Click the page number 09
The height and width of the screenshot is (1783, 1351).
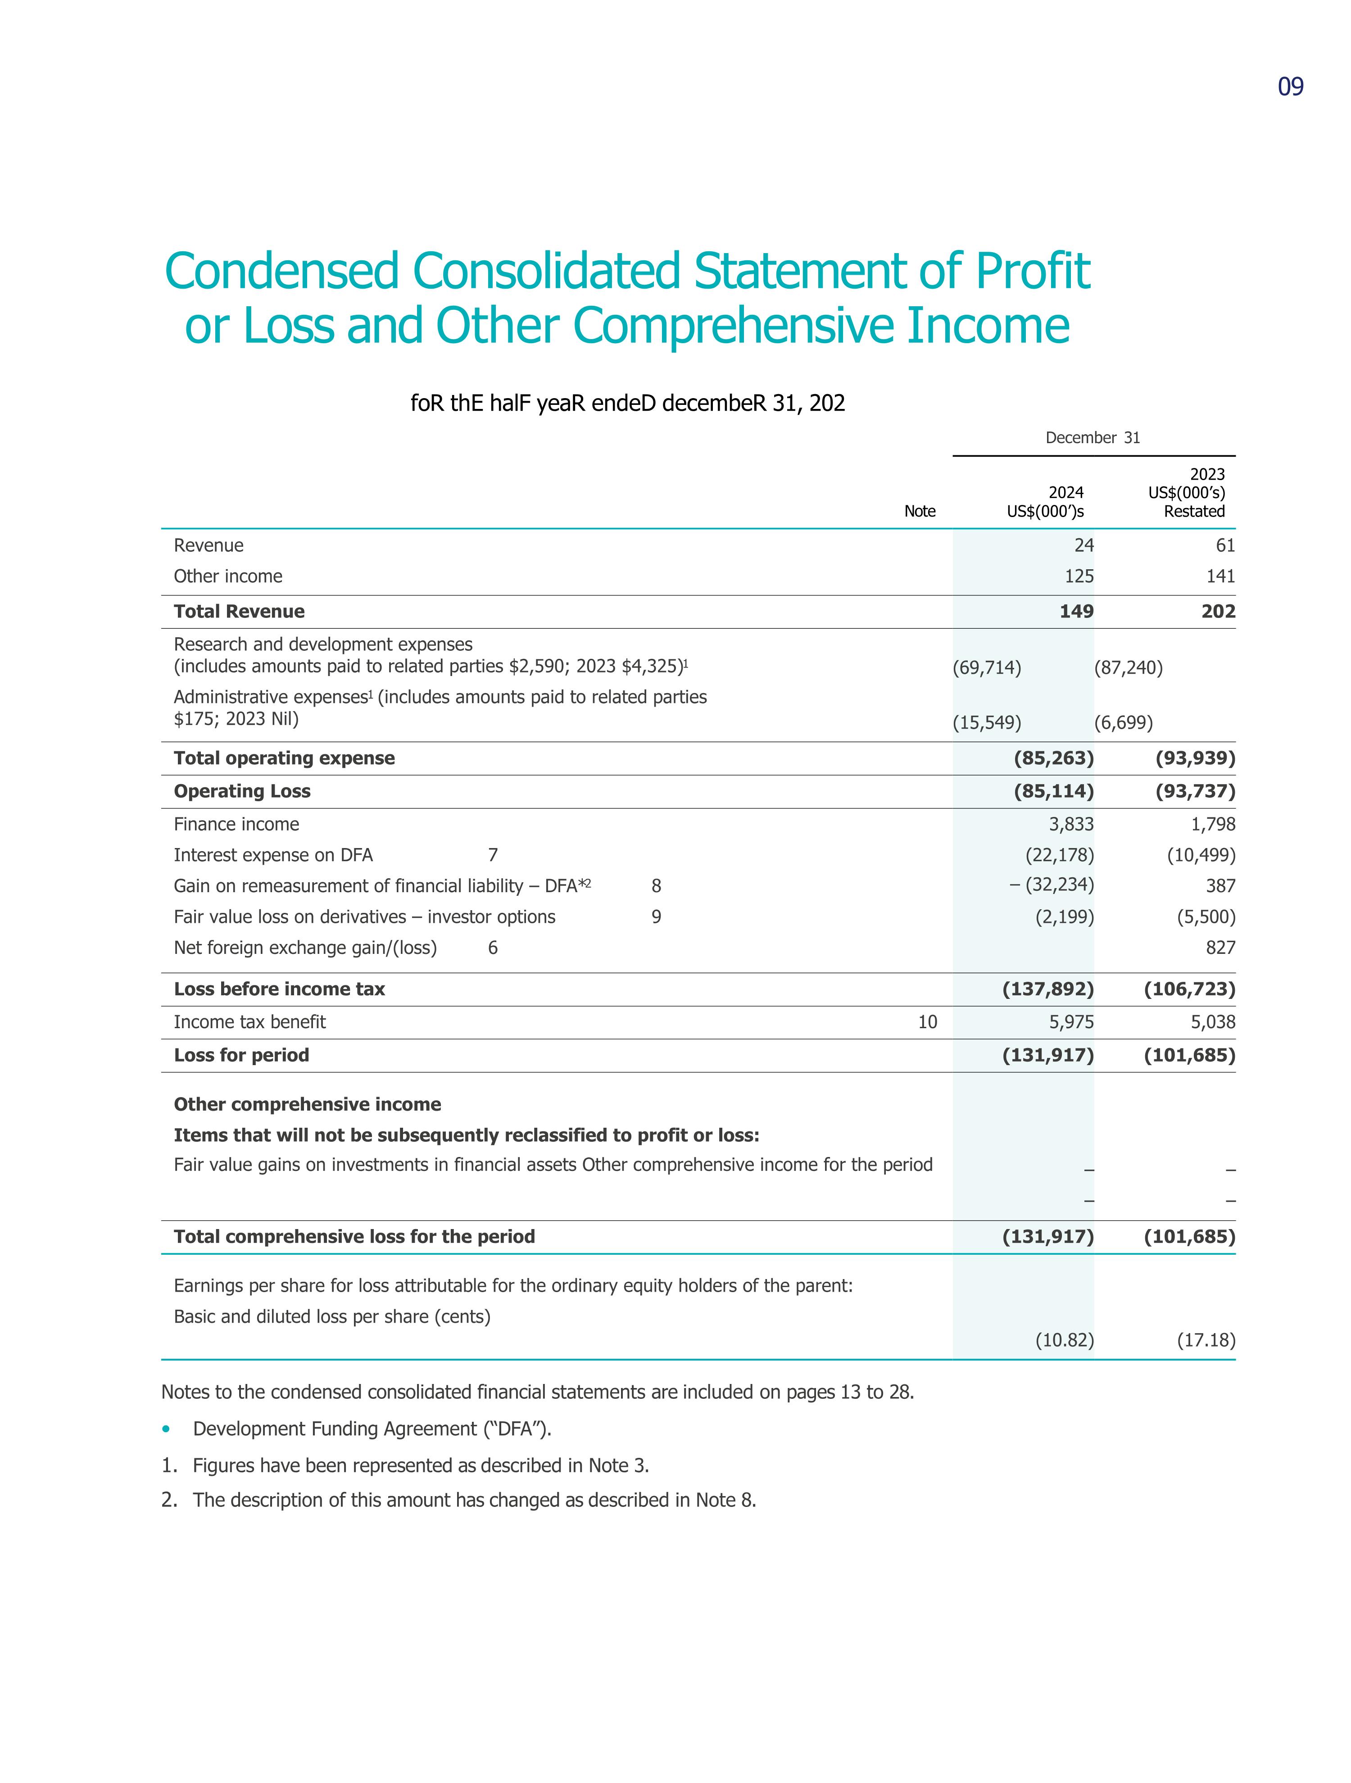(1290, 87)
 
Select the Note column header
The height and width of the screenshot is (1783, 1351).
(919, 511)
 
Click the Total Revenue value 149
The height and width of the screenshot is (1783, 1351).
(1076, 612)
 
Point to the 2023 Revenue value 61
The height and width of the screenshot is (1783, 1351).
(1225, 546)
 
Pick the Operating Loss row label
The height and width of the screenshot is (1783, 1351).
(242, 792)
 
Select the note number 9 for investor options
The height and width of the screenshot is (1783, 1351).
(656, 917)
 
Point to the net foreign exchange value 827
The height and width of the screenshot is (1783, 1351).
(1220, 948)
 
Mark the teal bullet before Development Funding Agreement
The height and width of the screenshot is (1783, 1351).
(166, 1429)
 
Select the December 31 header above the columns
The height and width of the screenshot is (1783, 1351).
(1092, 438)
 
